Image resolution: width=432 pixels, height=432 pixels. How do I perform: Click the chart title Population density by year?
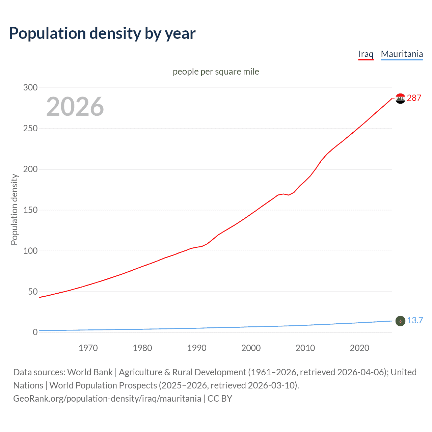click(x=102, y=33)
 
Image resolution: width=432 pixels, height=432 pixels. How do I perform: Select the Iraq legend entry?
click(x=366, y=54)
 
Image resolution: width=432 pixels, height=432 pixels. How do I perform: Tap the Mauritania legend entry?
click(x=402, y=54)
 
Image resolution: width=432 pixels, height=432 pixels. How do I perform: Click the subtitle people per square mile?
click(x=216, y=72)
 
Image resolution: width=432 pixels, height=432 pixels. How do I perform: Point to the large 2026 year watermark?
click(x=75, y=107)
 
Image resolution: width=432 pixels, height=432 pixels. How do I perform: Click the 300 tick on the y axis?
click(x=30, y=87)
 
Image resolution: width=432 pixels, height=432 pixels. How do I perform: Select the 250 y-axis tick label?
click(x=30, y=128)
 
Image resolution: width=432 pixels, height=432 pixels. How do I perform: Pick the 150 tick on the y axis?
click(x=30, y=210)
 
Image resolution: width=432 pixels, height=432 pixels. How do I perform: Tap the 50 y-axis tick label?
click(x=33, y=292)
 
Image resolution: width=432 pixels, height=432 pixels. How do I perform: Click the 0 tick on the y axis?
click(x=35, y=332)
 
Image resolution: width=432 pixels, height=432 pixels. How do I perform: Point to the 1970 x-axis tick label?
click(x=88, y=348)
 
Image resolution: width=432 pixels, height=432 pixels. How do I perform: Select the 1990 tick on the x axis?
click(x=197, y=348)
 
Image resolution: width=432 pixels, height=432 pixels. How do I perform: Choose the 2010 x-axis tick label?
click(x=305, y=348)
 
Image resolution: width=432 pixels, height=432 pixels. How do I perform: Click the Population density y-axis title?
click(x=14, y=209)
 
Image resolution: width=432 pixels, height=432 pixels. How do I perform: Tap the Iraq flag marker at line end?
click(x=400, y=99)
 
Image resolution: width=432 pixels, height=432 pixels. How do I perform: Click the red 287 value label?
click(x=414, y=98)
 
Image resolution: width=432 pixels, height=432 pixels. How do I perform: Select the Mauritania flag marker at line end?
click(x=400, y=321)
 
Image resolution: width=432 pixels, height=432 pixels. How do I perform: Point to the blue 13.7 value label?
click(x=415, y=320)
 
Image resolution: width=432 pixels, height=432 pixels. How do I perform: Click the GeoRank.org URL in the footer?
click(x=107, y=399)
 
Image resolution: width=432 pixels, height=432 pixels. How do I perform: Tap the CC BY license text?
click(x=220, y=399)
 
